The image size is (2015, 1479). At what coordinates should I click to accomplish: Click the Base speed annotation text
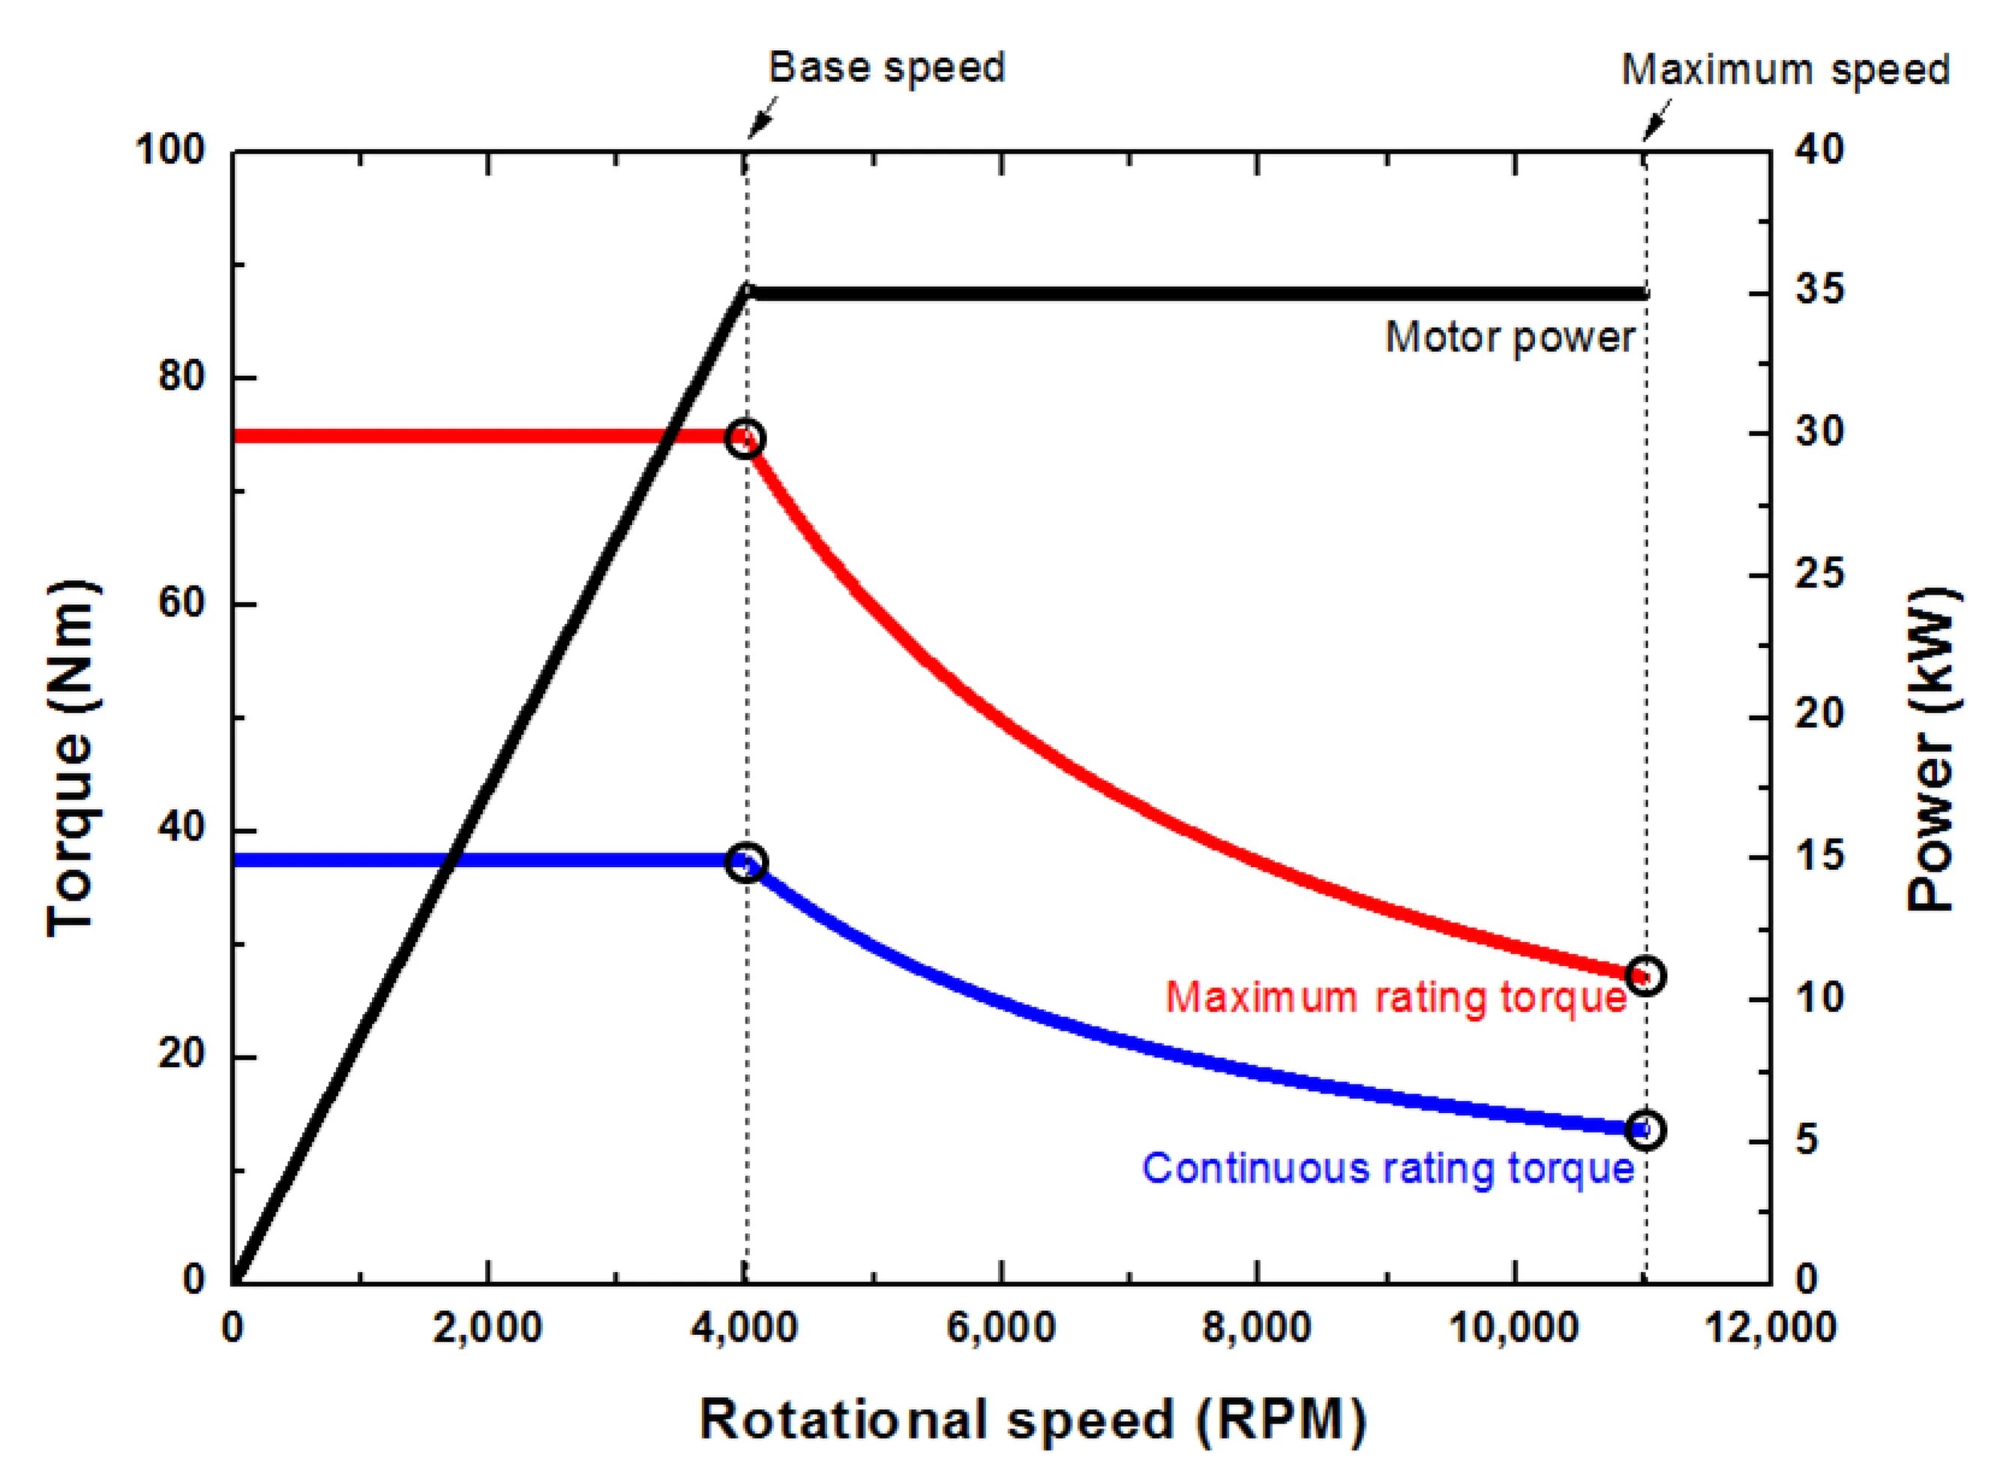(x=886, y=68)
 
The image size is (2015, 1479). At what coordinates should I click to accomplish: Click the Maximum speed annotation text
(x=1785, y=70)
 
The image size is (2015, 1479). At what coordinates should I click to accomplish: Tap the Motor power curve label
(x=1510, y=337)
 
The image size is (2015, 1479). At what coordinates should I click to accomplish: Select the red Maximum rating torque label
(x=1396, y=997)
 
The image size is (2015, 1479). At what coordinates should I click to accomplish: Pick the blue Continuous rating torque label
(x=1388, y=1168)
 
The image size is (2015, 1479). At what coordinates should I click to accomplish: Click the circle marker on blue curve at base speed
(x=747, y=863)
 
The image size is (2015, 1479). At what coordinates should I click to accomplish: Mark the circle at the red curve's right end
(x=1645, y=975)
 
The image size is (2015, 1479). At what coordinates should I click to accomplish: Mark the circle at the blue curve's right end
(x=1645, y=1129)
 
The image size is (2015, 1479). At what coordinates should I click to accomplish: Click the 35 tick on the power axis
(x=1819, y=292)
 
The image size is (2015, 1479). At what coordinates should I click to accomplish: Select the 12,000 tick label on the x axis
(x=1770, y=1327)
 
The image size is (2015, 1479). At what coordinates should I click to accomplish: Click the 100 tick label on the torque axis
(x=170, y=151)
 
